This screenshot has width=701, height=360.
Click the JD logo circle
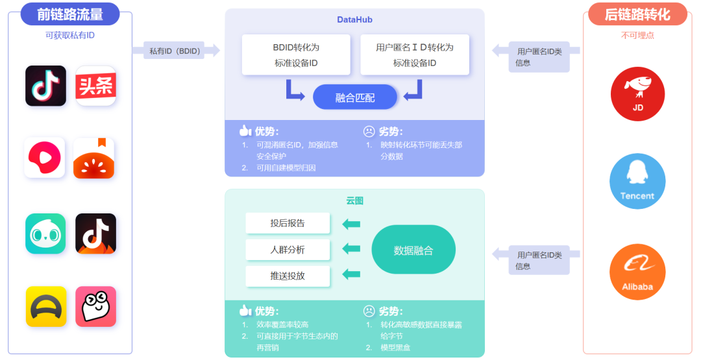637,94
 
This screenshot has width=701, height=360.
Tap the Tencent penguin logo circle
637,181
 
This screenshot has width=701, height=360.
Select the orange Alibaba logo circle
637,272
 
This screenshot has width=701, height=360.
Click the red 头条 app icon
95,86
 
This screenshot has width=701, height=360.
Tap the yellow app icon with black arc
46,306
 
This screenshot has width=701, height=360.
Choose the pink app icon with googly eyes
95,306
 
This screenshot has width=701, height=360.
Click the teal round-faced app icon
45,234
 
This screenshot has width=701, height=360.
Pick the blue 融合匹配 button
354,97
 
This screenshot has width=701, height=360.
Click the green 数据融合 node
413,250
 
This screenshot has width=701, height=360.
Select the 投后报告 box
288,223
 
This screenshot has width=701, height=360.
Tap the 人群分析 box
288,250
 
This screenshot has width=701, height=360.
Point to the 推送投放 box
288,276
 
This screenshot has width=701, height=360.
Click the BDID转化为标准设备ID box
296,55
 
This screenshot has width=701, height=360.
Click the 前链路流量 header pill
70,14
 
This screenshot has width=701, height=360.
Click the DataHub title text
354,20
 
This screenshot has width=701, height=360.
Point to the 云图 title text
354,200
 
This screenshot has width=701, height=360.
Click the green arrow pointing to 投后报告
351,224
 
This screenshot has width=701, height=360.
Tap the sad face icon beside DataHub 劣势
369,131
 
